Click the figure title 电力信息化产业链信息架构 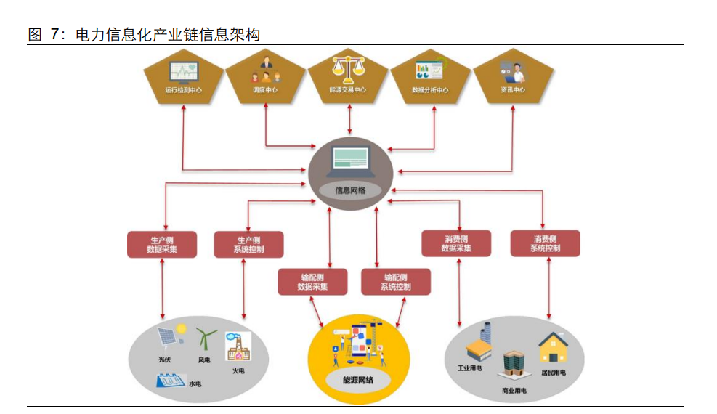144,34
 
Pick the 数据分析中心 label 430,91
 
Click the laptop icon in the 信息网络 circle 350,161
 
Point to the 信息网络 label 350,191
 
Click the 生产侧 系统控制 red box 248,244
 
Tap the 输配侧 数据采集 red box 312,282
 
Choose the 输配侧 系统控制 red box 395,282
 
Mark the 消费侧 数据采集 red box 456,243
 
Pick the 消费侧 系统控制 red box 546,243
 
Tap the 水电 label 195,383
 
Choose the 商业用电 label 514,390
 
